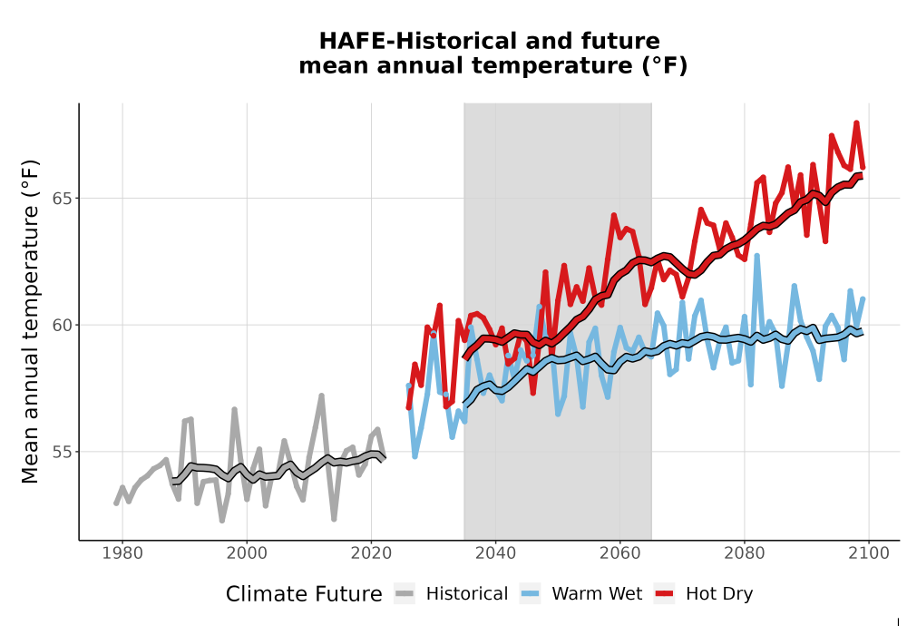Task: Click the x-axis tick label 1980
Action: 122,553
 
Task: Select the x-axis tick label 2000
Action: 247,553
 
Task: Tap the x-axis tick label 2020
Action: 371,553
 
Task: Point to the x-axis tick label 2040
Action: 495,553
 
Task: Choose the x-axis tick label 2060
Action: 619,553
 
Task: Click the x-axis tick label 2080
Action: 744,553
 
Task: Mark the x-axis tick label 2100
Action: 868,553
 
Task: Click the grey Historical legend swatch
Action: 405,594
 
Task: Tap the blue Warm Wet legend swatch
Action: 530,594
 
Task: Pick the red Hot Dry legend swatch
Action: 664,594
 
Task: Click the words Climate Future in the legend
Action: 304,594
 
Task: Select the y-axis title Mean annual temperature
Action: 30,321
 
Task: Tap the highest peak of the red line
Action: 856,122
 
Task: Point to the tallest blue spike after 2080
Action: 756,255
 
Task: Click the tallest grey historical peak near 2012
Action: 321,396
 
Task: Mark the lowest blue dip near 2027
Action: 414,456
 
